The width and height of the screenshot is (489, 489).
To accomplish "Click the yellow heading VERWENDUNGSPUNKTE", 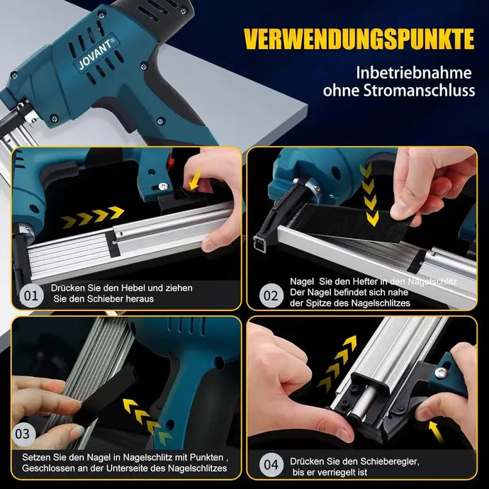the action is tap(359, 39).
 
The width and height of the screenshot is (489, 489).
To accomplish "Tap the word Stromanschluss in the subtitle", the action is tap(420, 91).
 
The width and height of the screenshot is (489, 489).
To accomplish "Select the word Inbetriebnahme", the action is tap(414, 73).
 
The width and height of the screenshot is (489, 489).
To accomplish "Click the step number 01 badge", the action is tap(31, 296).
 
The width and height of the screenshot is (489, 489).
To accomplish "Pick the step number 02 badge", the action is tap(271, 296).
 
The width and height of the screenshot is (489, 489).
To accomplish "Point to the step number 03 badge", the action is tap(23, 434).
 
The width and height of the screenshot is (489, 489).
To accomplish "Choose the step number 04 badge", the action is tap(271, 465).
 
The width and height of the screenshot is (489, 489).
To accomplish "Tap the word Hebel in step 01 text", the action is tap(133, 288).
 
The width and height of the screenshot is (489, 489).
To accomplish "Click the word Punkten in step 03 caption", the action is tap(206, 458).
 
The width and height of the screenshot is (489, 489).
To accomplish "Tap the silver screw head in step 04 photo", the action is tap(440, 372).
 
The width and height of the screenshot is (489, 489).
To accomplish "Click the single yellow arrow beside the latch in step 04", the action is tap(436, 432).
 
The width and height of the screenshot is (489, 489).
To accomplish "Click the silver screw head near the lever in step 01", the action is tap(163, 186).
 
